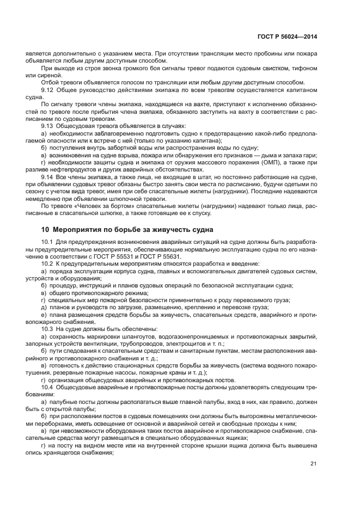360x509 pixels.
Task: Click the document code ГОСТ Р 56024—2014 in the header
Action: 288,36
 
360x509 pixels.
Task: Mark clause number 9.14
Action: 47,177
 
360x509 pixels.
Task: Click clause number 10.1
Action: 47,242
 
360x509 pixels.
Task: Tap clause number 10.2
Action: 47,263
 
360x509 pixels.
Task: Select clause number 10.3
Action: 47,329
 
